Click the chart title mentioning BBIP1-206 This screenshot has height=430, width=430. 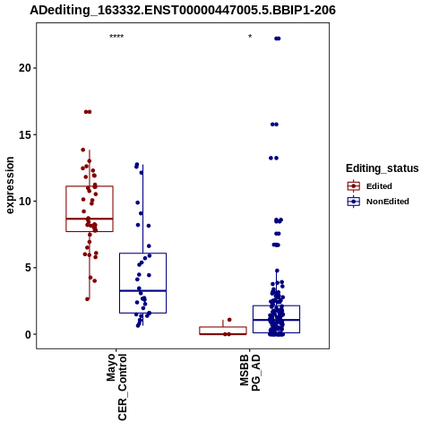[183, 11]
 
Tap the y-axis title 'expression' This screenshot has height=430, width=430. [10, 185]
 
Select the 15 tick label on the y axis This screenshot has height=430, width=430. [25, 134]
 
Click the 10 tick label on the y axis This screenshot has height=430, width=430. [25, 202]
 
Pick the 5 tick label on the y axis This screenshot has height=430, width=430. [28, 268]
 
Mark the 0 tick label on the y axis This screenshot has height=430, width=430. [28, 334]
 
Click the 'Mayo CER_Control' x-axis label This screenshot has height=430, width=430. [116, 387]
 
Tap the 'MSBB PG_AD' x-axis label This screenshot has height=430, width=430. [250, 373]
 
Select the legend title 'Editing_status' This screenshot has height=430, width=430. [382, 168]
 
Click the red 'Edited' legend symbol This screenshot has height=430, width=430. [354, 186]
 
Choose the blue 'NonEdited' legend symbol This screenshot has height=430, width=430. [354, 202]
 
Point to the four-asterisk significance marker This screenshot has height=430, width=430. [116, 37]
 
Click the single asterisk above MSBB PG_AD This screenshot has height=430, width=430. [250, 37]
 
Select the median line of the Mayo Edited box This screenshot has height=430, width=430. [90, 219]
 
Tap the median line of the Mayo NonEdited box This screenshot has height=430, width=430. [142, 290]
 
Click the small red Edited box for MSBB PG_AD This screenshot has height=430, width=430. [223, 331]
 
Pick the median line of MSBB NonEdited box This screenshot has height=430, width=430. [276, 320]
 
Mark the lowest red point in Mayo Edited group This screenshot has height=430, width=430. [88, 299]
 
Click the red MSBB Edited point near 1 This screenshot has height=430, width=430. [229, 320]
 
